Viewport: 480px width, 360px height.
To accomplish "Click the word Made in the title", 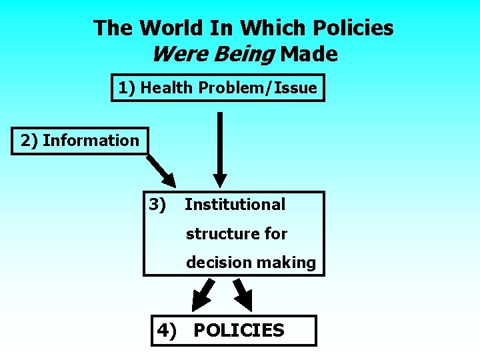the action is pos(309,54).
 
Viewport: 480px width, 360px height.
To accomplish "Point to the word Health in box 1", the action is pos(165,87).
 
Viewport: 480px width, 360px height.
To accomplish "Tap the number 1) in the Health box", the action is pos(127,87).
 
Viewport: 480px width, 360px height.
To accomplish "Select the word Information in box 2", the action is pos(91,140).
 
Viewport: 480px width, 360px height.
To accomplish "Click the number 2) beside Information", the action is pos(29,140).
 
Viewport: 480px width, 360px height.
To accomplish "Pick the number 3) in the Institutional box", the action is pos(157,204).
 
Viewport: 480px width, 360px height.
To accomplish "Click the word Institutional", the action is pos(235,204).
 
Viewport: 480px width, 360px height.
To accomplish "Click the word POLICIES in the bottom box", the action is pos(239,330).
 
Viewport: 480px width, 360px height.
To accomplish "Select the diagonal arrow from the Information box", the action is pos(162,170).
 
